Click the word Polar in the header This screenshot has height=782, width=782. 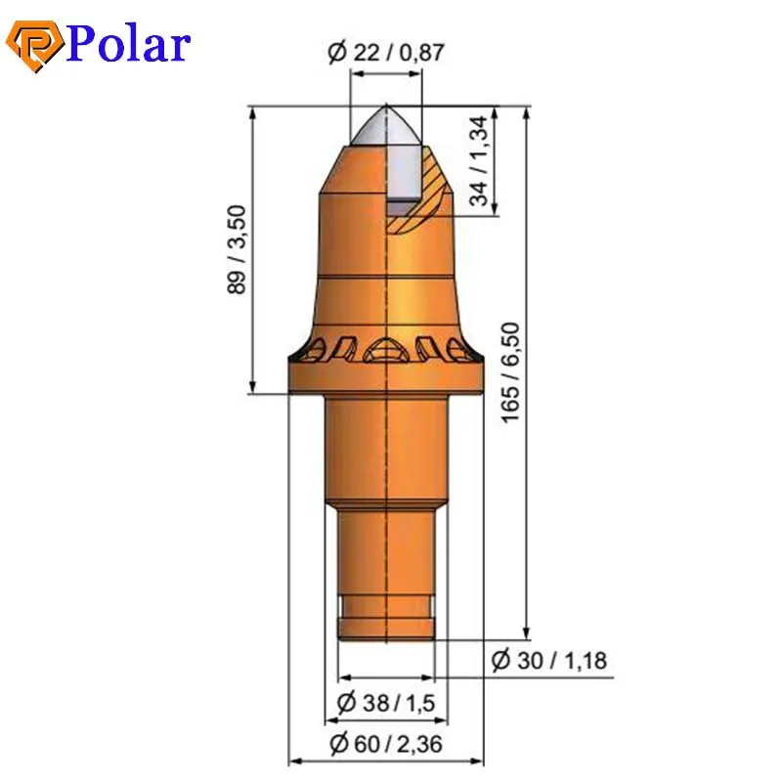(127, 44)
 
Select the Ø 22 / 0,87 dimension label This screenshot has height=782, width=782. (386, 53)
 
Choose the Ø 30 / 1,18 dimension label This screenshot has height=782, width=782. (548, 661)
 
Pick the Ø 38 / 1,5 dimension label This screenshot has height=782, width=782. (386, 702)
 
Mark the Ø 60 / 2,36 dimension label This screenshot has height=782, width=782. (386, 744)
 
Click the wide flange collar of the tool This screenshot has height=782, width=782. (386, 376)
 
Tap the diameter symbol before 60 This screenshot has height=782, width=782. (339, 744)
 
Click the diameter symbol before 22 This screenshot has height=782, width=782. (337, 53)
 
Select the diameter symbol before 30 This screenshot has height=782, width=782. (501, 661)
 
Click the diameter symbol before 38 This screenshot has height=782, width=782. (345, 702)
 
